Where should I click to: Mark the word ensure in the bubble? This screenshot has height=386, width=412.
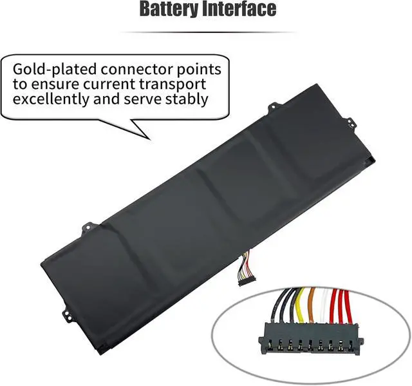[55, 85]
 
